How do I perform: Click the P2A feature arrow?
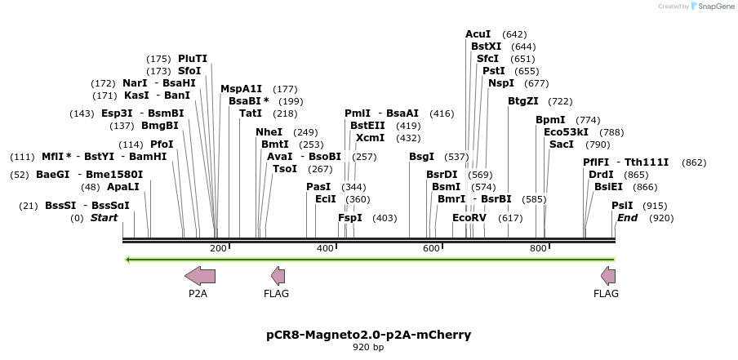coord(200,276)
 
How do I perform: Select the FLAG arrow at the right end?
coord(607,276)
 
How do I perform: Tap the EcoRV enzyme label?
coord(469,218)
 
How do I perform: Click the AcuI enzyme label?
coord(478,34)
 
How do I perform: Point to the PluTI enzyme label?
coord(193,59)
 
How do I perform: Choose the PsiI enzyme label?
coord(623,206)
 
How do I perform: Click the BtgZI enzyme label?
coord(523,101)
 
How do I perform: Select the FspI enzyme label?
coord(350,218)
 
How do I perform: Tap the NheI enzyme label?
coord(269,132)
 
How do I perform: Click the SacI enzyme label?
coord(562,144)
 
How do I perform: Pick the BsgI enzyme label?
coord(422,157)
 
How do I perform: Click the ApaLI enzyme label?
coord(123,186)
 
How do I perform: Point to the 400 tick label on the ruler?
coord(325,248)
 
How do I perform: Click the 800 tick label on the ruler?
coord(538,248)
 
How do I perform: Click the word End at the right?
coord(628,218)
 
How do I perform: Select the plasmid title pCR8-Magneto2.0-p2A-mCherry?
coord(369,335)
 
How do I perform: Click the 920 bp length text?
coord(369,348)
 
